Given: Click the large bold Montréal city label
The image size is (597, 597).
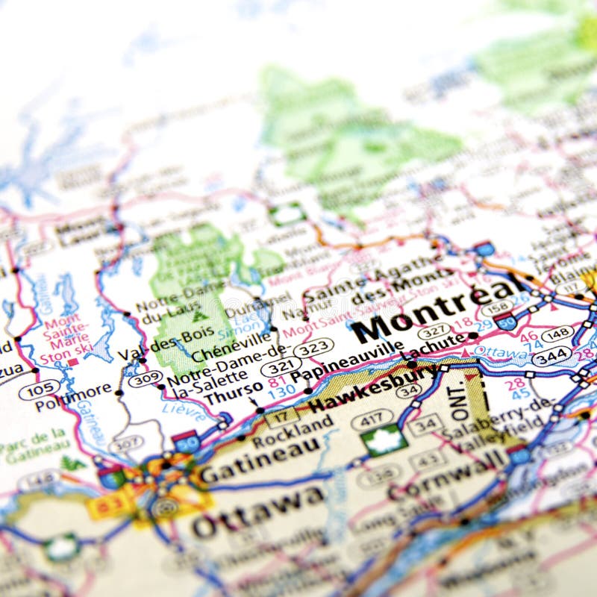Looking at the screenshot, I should coord(437,311).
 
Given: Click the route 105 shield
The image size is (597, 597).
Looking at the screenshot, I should coord(40,389).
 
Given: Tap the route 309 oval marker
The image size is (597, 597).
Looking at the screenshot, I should coord(146,379).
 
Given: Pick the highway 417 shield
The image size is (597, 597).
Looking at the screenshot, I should coord(372,419).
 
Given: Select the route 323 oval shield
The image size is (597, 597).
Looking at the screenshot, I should coord(313,348).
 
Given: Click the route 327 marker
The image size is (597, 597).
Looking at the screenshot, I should coord(433,331).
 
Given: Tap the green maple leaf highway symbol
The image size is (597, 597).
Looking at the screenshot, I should coord(385,442).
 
